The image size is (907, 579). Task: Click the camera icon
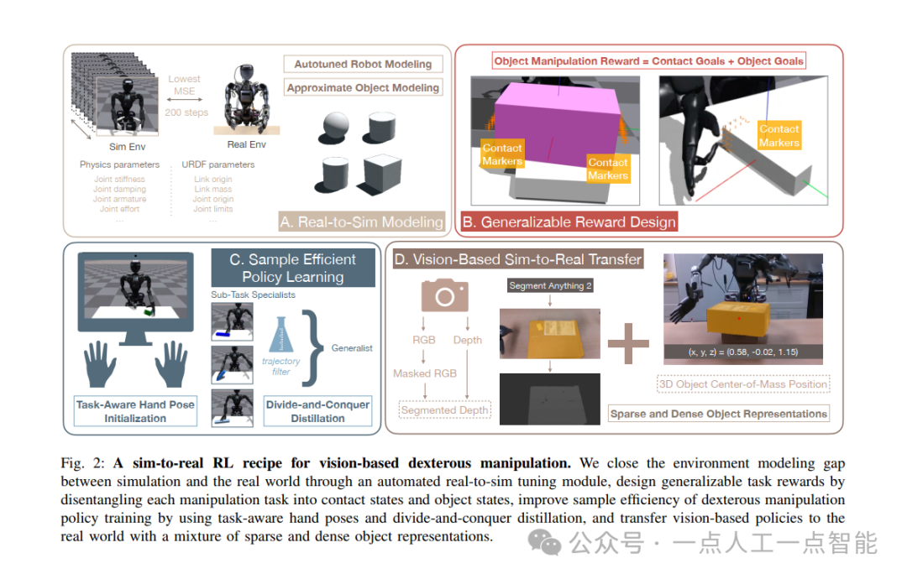point(444,296)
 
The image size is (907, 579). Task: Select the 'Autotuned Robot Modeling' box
point(363,64)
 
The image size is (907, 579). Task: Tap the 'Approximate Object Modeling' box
point(363,87)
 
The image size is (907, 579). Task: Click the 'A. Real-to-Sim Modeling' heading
point(362,222)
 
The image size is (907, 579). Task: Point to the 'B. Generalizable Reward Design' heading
point(569,222)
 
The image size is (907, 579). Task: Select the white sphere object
point(333,126)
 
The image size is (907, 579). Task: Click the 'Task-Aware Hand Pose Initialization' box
point(135,410)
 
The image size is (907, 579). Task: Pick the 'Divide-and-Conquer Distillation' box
point(317,410)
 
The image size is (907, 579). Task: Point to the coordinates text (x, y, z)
point(742,351)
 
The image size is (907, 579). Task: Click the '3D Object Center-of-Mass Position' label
point(743,384)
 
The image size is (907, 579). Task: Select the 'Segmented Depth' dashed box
point(444,410)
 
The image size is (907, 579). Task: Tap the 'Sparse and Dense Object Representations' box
point(718,414)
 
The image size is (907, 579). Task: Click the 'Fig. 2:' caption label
point(83,463)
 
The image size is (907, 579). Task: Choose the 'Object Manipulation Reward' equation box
point(648,60)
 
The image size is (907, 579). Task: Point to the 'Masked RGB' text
point(425,373)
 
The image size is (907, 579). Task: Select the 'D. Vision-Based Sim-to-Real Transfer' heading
point(517,259)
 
